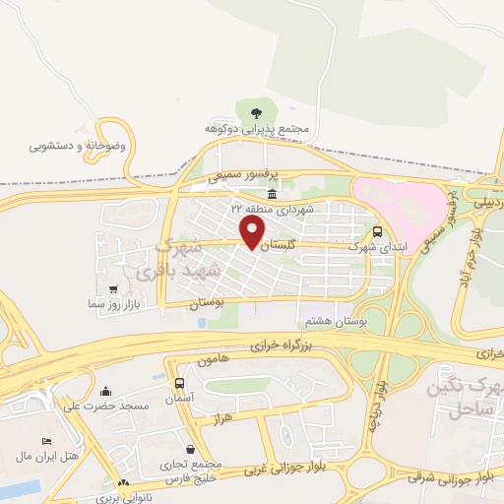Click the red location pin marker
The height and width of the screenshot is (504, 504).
point(253,232)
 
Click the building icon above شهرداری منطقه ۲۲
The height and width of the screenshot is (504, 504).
point(271,193)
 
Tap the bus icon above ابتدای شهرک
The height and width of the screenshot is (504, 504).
point(379,232)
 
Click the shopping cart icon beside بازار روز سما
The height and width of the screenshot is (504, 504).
point(114,289)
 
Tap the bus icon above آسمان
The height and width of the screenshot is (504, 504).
point(179,383)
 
